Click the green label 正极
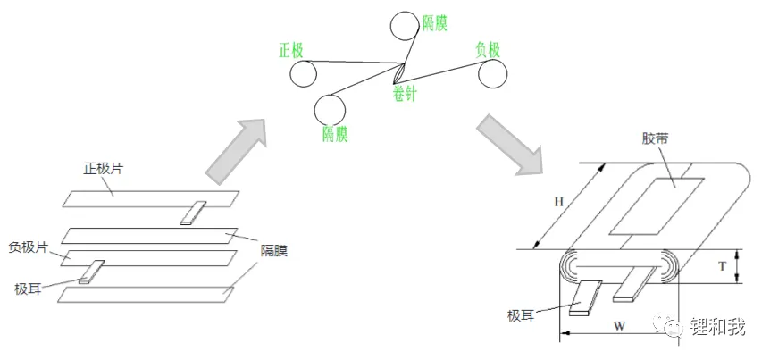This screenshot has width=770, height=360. pyautogui.click(x=291, y=51)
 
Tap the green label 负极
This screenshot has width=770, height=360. pyautogui.click(x=488, y=50)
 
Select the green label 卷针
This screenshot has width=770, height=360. pyautogui.click(x=404, y=93)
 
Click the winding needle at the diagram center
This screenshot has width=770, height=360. pyautogui.click(x=399, y=73)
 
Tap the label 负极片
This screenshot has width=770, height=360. pyautogui.click(x=29, y=247)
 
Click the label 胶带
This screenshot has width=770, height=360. pyautogui.click(x=654, y=138)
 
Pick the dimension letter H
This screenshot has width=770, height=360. pyautogui.click(x=558, y=202)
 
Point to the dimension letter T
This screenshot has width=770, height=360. pyautogui.click(x=722, y=267)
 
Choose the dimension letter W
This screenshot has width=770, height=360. pyautogui.click(x=619, y=326)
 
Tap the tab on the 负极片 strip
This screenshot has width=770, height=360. pyautogui.click(x=92, y=272)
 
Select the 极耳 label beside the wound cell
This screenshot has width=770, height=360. pyautogui.click(x=520, y=315)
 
